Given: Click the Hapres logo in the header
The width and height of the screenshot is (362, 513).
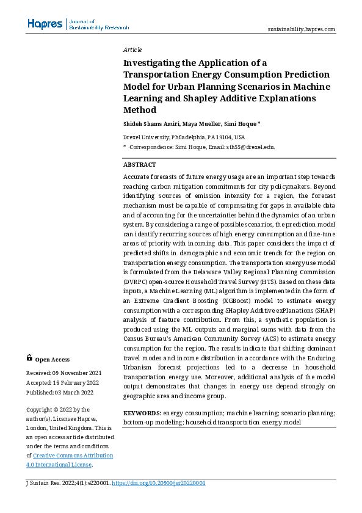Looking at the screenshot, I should coord(45,24).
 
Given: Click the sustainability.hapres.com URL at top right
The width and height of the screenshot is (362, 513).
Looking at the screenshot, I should coord(302,29).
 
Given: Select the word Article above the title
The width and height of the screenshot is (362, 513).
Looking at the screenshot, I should coord(132,49).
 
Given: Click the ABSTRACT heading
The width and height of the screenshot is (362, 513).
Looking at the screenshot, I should coord(139,165).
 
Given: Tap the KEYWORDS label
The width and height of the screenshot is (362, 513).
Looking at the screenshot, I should coord(142,413).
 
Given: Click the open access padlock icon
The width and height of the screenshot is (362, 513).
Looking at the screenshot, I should coord(29,359).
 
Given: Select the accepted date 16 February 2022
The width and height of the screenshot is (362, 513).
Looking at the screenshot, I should coord(75,382).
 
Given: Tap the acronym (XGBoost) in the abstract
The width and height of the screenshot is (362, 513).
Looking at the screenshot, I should coord(231,301).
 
